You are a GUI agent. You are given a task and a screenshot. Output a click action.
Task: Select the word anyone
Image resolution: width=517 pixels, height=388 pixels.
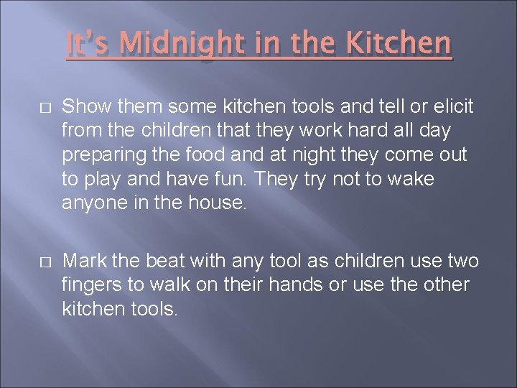pos(88,203)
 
